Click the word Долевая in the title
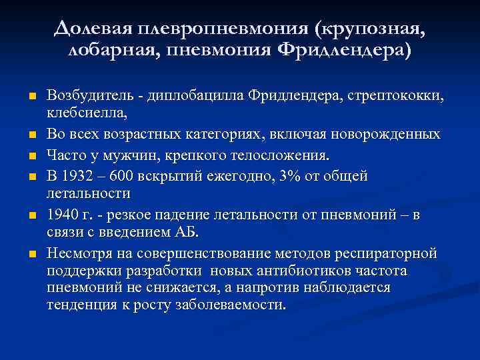(x=93, y=29)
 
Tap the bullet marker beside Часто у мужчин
(x=31, y=157)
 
